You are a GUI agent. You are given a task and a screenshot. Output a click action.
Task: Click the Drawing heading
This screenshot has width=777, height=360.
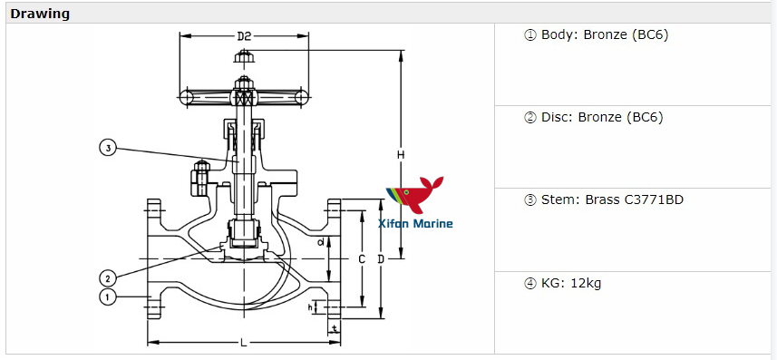tap(40, 14)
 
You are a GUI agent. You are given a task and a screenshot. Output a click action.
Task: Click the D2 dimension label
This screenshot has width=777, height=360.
tap(244, 37)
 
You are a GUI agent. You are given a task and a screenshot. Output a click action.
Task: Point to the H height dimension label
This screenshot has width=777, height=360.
tap(400, 155)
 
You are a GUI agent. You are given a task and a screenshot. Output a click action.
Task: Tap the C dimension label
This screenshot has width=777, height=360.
tap(361, 259)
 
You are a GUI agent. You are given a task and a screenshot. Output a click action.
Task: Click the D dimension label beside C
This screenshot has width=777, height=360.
tap(381, 259)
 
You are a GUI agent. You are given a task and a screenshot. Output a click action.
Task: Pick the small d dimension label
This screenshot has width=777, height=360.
tap(321, 242)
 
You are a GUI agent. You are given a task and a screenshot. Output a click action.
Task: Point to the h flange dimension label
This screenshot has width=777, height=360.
tap(311, 307)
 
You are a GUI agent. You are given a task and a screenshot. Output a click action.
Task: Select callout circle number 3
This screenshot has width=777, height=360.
tap(108, 148)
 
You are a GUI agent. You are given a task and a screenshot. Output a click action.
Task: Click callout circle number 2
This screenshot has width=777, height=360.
tap(107, 277)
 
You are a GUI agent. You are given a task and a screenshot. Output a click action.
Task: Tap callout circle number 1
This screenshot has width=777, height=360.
tap(107, 297)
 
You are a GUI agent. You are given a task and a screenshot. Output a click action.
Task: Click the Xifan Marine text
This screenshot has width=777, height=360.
tap(415, 223)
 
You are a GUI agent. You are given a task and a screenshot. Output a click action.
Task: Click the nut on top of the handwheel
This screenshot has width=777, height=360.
tap(243, 58)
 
